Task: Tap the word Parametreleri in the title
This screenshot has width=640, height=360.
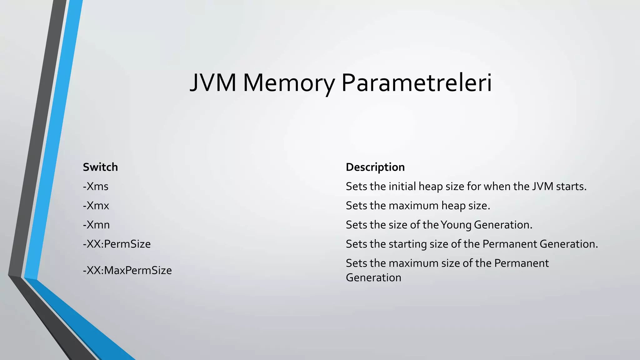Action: pyautogui.click(x=417, y=82)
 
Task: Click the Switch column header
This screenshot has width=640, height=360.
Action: pyautogui.click(x=100, y=167)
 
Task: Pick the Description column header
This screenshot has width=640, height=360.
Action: pyautogui.click(x=375, y=167)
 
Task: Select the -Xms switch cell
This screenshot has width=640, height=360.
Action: pyautogui.click(x=96, y=187)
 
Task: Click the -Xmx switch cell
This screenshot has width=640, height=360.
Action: pyautogui.click(x=96, y=206)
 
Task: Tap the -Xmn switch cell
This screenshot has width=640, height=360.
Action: pyautogui.click(x=96, y=225)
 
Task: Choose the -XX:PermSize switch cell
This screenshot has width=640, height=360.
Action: pyautogui.click(x=117, y=244)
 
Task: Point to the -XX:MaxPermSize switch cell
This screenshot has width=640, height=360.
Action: pyautogui.click(x=127, y=270)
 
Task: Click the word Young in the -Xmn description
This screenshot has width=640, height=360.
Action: pyautogui.click(x=456, y=225)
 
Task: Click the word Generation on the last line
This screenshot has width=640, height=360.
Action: pyautogui.click(x=373, y=278)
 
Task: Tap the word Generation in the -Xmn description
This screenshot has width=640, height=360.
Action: pyautogui.click(x=503, y=225)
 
